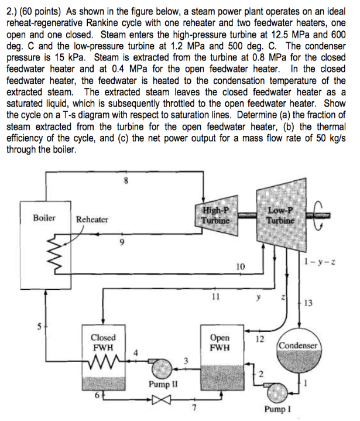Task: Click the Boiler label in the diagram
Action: tap(44, 218)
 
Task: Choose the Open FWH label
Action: tap(220, 343)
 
